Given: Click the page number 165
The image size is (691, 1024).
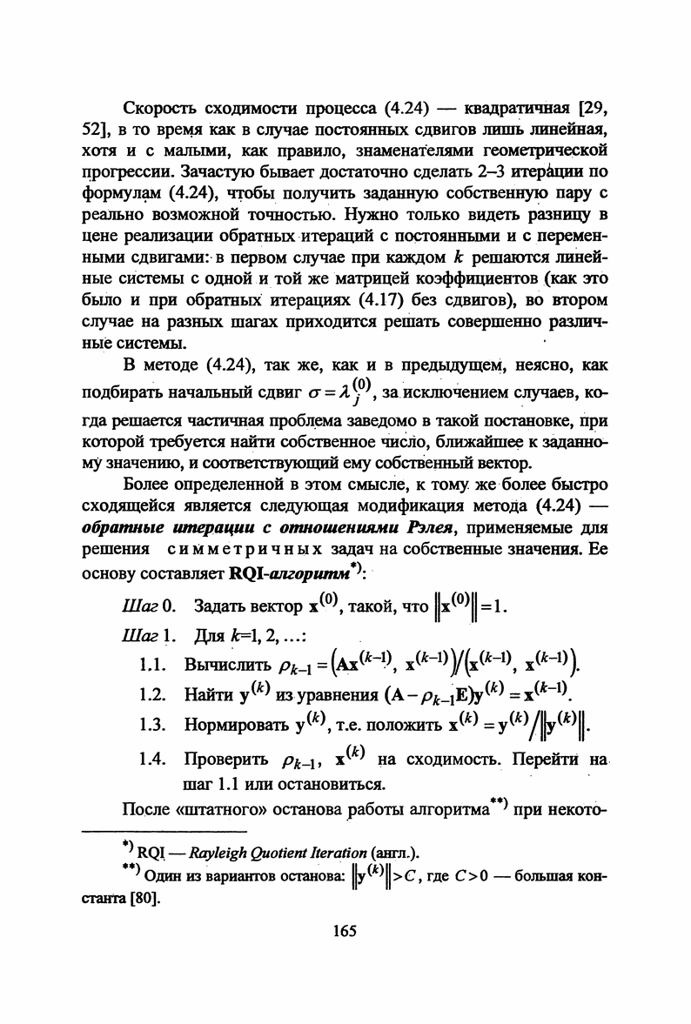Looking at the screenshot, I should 345,932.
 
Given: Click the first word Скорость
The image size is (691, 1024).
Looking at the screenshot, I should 162,110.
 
